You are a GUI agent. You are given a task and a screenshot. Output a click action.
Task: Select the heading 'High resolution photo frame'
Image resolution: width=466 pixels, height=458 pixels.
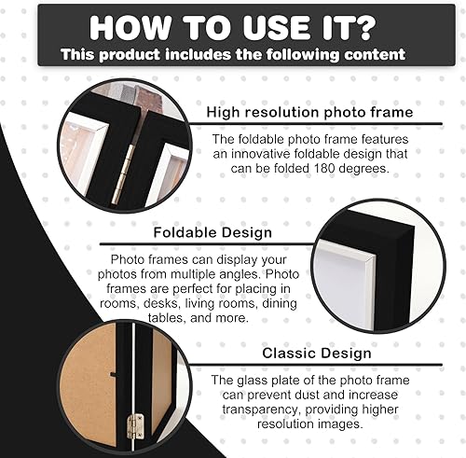click(x=309, y=112)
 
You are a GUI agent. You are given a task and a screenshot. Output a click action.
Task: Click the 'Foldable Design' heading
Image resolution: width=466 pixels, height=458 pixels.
click(x=212, y=232)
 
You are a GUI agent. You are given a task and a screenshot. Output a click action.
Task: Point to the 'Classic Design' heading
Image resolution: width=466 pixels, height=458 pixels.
click(x=317, y=353)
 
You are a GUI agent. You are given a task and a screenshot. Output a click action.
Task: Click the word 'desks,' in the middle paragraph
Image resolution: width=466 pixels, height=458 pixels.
click(x=162, y=303)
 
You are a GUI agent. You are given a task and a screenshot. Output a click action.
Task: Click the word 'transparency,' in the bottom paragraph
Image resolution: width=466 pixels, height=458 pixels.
click(x=262, y=409)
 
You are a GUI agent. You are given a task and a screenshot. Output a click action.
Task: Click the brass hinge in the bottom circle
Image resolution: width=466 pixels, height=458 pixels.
click(x=135, y=425)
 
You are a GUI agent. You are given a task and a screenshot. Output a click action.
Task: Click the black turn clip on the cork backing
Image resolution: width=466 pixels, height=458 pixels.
click(x=113, y=374)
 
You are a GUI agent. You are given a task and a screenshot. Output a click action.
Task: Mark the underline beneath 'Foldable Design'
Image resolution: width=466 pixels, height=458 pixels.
click(x=206, y=244)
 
